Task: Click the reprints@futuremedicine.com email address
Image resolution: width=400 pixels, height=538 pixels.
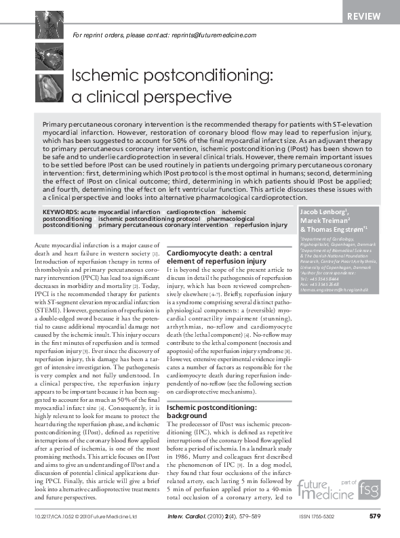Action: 213,35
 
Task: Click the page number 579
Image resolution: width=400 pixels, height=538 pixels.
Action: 374,516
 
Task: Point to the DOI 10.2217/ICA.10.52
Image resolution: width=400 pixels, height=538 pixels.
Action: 55,516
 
